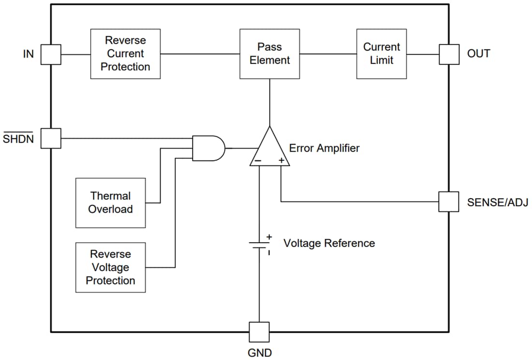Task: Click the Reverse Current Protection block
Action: click(125, 54)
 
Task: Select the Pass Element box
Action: click(269, 54)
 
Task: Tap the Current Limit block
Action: click(381, 54)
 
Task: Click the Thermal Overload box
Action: click(110, 202)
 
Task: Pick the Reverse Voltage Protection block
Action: click(110, 267)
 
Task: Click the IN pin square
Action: click(50, 54)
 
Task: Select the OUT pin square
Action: click(448, 54)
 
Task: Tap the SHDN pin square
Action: click(50, 138)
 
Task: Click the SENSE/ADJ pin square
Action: click(448, 202)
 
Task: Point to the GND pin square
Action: click(259, 332)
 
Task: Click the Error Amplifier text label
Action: click(324, 148)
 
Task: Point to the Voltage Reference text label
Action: click(329, 243)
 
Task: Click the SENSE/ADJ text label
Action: click(497, 202)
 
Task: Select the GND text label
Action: click(259, 353)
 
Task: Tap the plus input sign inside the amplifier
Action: click(281, 160)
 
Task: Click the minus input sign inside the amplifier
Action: click(259, 160)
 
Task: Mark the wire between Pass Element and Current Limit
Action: click(323, 54)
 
